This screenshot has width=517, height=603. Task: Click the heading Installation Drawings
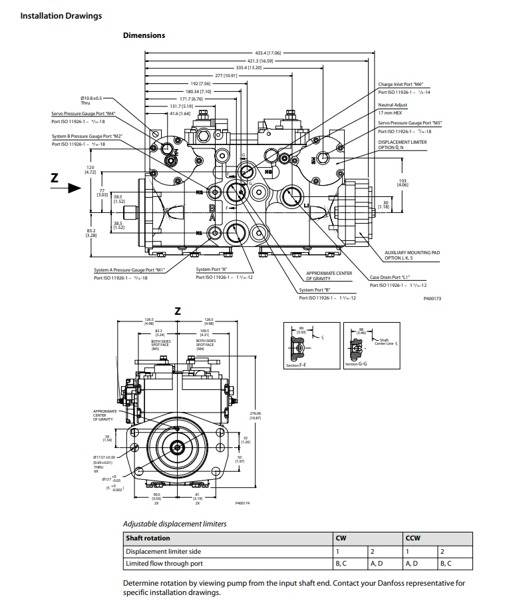[61, 15]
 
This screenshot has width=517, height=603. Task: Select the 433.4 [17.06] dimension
[268, 52]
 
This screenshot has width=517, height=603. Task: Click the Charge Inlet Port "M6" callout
[401, 85]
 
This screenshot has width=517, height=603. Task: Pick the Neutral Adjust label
[393, 105]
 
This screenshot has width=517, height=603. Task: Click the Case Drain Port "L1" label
[390, 278]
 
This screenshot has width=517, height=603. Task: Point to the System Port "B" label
[315, 290]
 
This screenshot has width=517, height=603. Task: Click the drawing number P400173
[432, 300]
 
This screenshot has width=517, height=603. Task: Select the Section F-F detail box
[309, 345]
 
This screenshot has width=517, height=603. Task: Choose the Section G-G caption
[352, 365]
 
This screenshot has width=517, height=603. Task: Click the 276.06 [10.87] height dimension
[255, 416]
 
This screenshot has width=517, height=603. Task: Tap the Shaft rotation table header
[148, 538]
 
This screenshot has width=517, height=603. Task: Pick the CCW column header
[413, 538]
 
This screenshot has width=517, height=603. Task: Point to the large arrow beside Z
[69, 189]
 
